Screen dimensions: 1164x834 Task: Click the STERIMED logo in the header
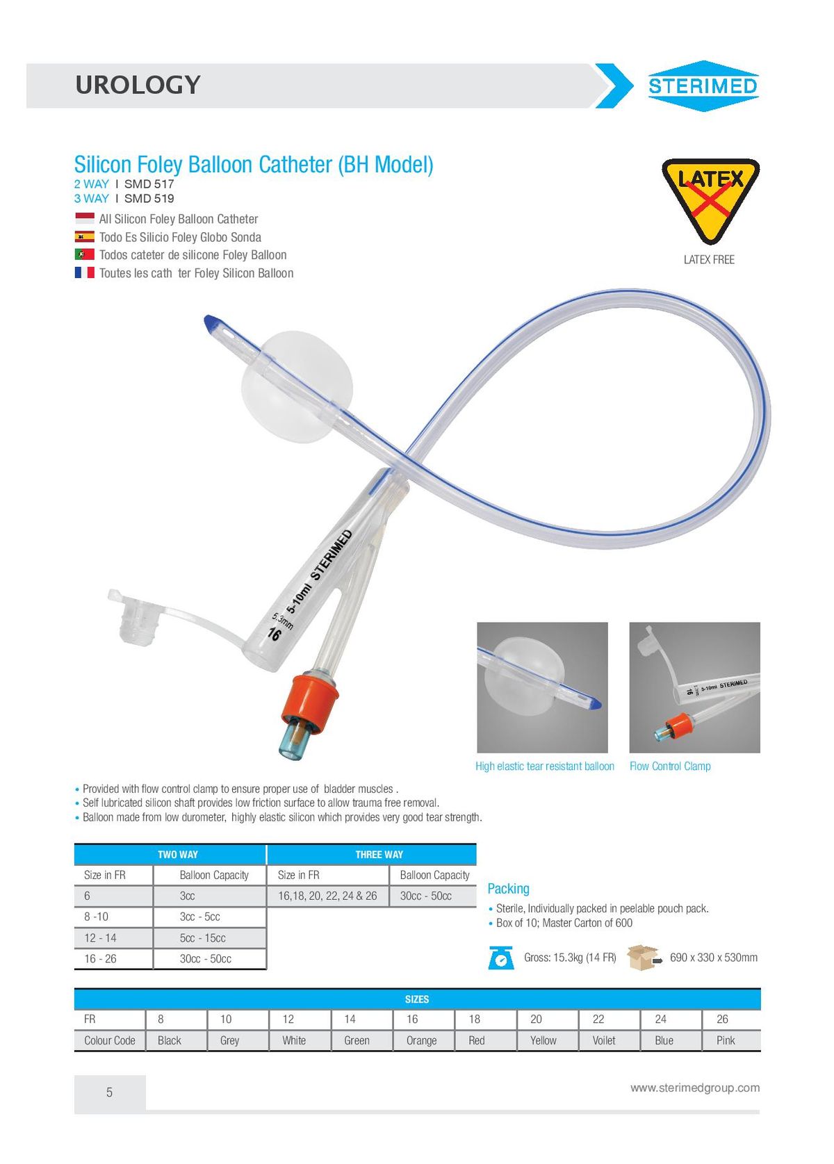703,86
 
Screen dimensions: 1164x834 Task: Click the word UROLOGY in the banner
138,85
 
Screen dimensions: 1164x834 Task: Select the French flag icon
85,273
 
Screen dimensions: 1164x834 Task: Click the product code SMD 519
149,199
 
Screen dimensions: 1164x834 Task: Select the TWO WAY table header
178,855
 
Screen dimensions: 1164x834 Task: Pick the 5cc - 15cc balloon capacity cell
203,938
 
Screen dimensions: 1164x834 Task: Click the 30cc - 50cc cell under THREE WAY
426,896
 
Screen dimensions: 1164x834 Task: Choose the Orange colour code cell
421,1041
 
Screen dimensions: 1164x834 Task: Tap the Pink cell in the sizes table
726,1041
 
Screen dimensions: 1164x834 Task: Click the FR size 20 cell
536,1019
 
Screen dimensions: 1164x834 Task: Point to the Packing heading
508,889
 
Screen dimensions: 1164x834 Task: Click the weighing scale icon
501,958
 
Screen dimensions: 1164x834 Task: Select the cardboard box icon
643,958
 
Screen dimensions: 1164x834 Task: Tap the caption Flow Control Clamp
670,767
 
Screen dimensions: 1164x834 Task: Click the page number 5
109,1092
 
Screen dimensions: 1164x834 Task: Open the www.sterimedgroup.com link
695,1088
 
